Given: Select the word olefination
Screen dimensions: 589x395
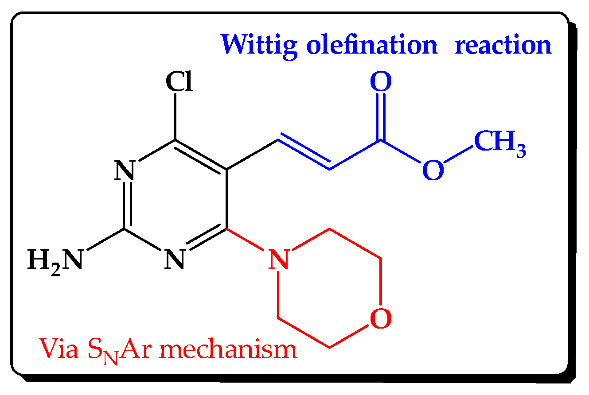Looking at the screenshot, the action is click(372, 44).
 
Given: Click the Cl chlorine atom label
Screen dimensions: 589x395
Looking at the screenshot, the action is click(179, 81).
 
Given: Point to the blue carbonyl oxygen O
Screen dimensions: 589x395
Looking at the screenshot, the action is click(381, 81).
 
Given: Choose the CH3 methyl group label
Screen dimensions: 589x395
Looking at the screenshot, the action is click(499, 143).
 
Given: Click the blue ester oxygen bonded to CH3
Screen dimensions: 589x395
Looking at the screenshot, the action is click(433, 170).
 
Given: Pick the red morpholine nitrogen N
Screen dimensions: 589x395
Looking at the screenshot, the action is click(278, 259).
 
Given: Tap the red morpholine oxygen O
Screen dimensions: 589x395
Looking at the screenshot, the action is click(381, 318).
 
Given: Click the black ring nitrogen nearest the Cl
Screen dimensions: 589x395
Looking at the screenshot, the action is click(125, 170).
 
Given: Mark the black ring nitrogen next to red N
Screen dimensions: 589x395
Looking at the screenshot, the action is click(175, 259).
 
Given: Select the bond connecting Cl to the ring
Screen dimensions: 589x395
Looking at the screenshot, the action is click(176, 116).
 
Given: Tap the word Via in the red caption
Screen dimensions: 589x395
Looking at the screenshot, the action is click(59, 349).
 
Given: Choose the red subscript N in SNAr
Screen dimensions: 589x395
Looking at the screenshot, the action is click(110, 358).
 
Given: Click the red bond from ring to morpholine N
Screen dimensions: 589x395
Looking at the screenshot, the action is click(245, 240).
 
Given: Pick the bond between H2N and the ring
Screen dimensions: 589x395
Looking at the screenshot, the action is click(106, 240).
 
